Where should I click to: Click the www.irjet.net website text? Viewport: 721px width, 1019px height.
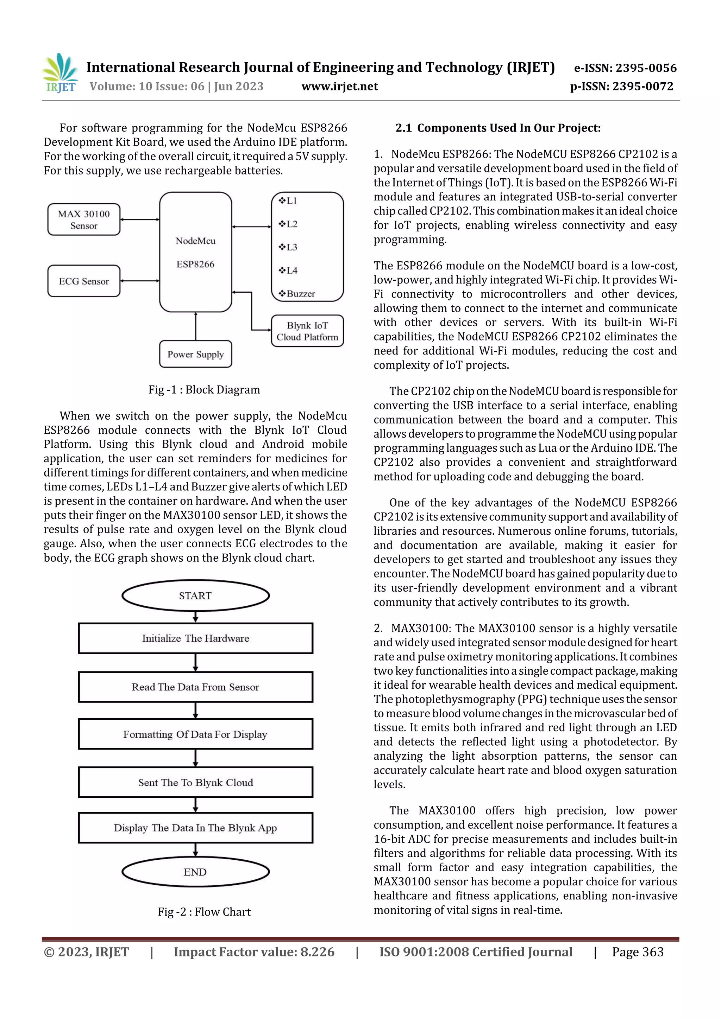point(339,87)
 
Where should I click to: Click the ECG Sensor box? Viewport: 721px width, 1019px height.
point(83,281)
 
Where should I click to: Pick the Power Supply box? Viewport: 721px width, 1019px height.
point(195,354)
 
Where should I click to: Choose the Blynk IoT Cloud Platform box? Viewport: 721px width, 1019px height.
point(307,331)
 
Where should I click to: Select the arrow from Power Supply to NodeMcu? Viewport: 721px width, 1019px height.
point(195,326)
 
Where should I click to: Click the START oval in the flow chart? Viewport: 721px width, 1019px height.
point(195,596)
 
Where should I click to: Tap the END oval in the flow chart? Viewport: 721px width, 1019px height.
point(195,872)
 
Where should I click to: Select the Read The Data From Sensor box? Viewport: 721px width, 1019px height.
point(195,687)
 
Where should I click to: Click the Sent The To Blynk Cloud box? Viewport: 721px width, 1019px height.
point(195,782)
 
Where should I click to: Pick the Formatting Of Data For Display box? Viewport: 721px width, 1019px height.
point(195,734)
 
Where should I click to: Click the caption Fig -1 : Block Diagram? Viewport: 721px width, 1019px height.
point(204,390)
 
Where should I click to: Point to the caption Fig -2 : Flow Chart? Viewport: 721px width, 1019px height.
point(204,912)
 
